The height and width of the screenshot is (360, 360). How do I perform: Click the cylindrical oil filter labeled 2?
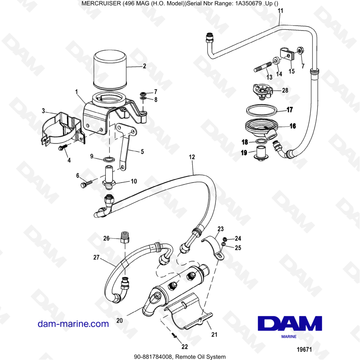tap(110, 70)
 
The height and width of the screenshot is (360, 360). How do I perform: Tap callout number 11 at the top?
tap(280, 11)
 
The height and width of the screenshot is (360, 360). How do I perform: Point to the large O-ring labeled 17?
tap(261, 111)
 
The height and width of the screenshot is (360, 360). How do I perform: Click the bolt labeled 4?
tap(62, 147)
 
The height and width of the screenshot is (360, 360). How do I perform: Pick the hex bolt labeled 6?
tap(86, 184)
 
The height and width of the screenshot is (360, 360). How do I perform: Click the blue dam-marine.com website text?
tap(73, 324)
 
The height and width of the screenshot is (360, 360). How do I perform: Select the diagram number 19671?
tap(304, 350)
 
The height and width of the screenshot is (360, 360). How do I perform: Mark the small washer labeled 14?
tap(276, 60)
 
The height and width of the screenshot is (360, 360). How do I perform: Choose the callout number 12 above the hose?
tap(192, 157)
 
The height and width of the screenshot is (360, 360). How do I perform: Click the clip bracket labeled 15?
tap(287, 54)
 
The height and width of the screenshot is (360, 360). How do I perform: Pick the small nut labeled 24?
tap(225, 239)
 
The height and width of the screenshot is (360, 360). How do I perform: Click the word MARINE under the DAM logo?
tap(289, 337)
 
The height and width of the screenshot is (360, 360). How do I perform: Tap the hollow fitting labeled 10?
tap(109, 177)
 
